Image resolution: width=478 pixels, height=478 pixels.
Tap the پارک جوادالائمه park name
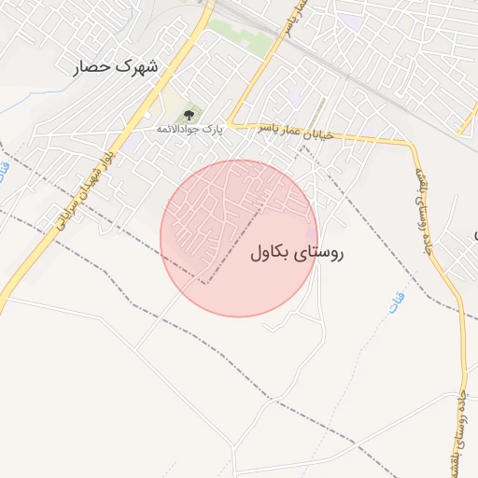pyautogui.click(x=190, y=128)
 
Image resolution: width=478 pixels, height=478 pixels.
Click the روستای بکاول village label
pyautogui.click(x=298, y=252)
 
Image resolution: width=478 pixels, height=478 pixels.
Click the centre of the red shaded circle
pyautogui.click(x=239, y=238)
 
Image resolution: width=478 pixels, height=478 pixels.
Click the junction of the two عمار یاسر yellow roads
pyautogui.click(x=231, y=123)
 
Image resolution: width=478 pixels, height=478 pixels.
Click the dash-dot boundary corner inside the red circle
pyautogui.click(x=207, y=282)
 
